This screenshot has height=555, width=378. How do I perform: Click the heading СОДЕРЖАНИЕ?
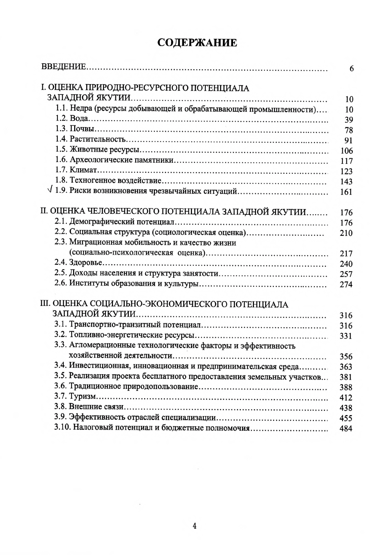(x=197, y=43)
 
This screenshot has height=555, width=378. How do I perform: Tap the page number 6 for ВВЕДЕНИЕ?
(x=351, y=69)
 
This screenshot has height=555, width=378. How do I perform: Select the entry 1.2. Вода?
(x=72, y=118)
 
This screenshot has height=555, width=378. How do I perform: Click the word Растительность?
(x=97, y=139)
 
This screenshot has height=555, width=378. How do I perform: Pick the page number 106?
(x=346, y=151)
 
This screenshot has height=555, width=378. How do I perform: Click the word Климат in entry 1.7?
(x=83, y=170)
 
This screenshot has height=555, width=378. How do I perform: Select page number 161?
(x=346, y=192)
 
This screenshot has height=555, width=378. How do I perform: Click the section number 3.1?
(x=60, y=325)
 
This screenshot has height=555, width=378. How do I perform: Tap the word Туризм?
(x=82, y=396)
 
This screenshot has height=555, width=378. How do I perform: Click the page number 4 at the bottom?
(x=194, y=526)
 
